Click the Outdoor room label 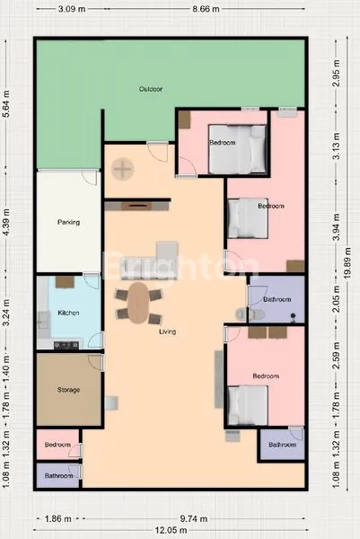point(150,89)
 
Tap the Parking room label point(68,222)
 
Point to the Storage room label point(69,390)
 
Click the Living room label point(167,332)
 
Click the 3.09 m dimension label point(72,9)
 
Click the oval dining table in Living point(138,303)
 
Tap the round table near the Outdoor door point(121,167)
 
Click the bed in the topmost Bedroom point(239,148)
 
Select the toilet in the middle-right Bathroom point(252,313)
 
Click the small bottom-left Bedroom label point(58,445)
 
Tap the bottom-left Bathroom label point(58,475)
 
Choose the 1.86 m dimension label point(55,518)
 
